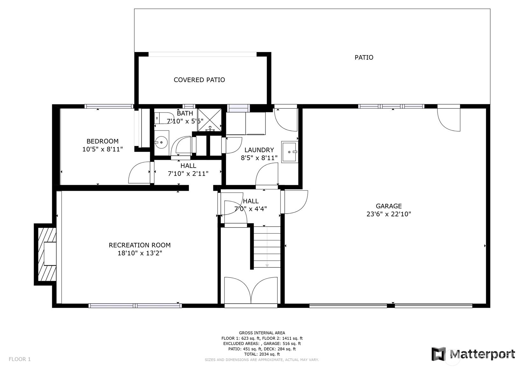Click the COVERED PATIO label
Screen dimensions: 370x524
[199, 80]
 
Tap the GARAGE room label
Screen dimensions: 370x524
[388, 206]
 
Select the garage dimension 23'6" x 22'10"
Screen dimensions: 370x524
[388, 214]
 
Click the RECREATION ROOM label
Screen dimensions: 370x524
[140, 245]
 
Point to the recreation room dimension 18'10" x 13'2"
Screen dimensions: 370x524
[140, 253]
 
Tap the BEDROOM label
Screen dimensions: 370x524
[102, 141]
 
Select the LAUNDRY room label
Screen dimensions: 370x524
[259, 150]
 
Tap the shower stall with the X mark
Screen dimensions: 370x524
[210, 120]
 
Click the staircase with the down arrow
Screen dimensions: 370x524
[267, 247]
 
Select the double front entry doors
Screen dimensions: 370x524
[251, 291]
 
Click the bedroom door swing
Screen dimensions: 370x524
[139, 173]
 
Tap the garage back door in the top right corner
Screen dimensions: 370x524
[449, 119]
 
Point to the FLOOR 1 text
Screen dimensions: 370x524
[20, 359]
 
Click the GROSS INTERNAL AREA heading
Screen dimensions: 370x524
[262, 333]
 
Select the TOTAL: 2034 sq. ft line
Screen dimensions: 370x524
[262, 354]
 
